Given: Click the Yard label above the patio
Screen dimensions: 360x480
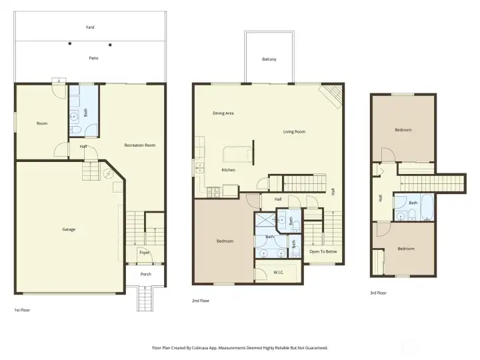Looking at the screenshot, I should click(x=90, y=27).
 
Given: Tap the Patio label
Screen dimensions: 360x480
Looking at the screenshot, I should click(x=94, y=59).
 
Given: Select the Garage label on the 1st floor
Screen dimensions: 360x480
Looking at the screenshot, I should click(x=69, y=229).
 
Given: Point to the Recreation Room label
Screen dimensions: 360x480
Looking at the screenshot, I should click(x=139, y=145).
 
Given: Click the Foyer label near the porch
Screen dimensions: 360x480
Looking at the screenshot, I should click(x=145, y=253).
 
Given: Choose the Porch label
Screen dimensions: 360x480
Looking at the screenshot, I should click(x=145, y=274).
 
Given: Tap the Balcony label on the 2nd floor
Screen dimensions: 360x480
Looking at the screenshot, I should click(x=269, y=59).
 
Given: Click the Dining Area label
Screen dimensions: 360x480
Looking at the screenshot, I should click(x=223, y=113).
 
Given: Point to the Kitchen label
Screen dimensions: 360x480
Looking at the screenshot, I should click(x=229, y=170).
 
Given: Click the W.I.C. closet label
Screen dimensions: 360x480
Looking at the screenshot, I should click(x=280, y=272).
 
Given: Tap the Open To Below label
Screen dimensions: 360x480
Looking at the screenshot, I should click(x=323, y=252).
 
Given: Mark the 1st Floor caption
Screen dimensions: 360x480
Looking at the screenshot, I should click(x=22, y=310).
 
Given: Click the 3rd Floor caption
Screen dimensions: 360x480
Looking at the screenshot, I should click(x=378, y=293).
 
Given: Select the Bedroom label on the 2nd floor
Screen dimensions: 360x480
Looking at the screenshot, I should click(x=225, y=241).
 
